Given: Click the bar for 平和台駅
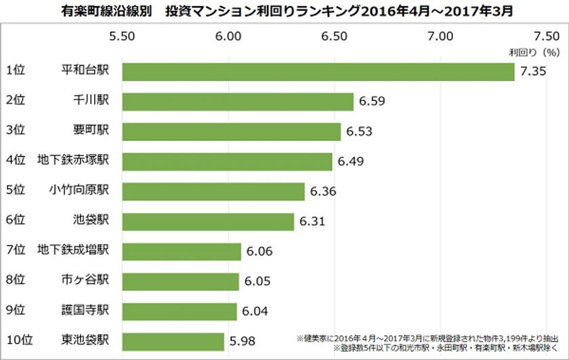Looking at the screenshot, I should pyautogui.click(x=318, y=71).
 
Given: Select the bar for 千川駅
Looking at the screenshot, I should pyautogui.click(x=238, y=101).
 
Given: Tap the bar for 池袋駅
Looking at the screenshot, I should pyautogui.click(x=208, y=222).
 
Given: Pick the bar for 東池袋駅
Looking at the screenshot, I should pyautogui.click(x=173, y=342).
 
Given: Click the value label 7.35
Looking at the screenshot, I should pyautogui.click(x=533, y=71).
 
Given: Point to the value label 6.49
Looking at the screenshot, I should pyautogui.click(x=350, y=161).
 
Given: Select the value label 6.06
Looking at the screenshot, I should pyautogui.click(x=259, y=252).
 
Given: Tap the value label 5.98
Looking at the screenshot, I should pyautogui.click(x=242, y=342).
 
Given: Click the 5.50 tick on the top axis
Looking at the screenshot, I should pyautogui.click(x=122, y=36).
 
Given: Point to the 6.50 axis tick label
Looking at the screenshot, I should pyautogui.click(x=335, y=36).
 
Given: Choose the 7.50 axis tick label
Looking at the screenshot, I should pyautogui.click(x=546, y=36).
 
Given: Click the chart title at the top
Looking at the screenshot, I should pyautogui.click(x=284, y=11).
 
